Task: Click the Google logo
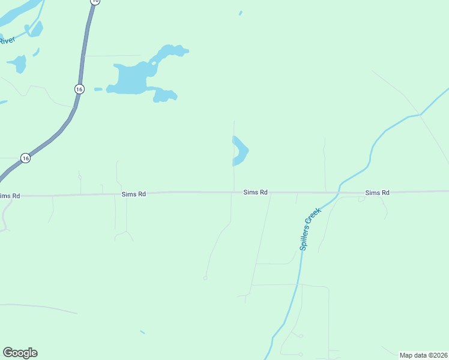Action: pos(20,353)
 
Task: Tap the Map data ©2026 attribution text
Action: pos(423,355)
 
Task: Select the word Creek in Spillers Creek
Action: pos(316,215)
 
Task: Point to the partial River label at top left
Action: pos(7,41)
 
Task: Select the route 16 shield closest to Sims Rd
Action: pos(25,158)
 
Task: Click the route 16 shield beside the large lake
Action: pos(79,89)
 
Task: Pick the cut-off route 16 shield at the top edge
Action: pos(95,2)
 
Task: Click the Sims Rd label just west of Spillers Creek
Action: pos(255,193)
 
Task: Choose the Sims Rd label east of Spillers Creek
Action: pos(378,193)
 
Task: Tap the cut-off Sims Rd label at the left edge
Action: pos(10,196)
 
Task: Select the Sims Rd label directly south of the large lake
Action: pos(134,194)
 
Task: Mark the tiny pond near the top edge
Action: pos(241,13)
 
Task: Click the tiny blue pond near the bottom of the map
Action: pos(142,332)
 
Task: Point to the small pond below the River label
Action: pos(17,63)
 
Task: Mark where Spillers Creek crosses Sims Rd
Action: pos(339,192)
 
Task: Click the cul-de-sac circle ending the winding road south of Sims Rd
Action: pos(205,278)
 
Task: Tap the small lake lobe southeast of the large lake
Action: pos(164,95)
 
